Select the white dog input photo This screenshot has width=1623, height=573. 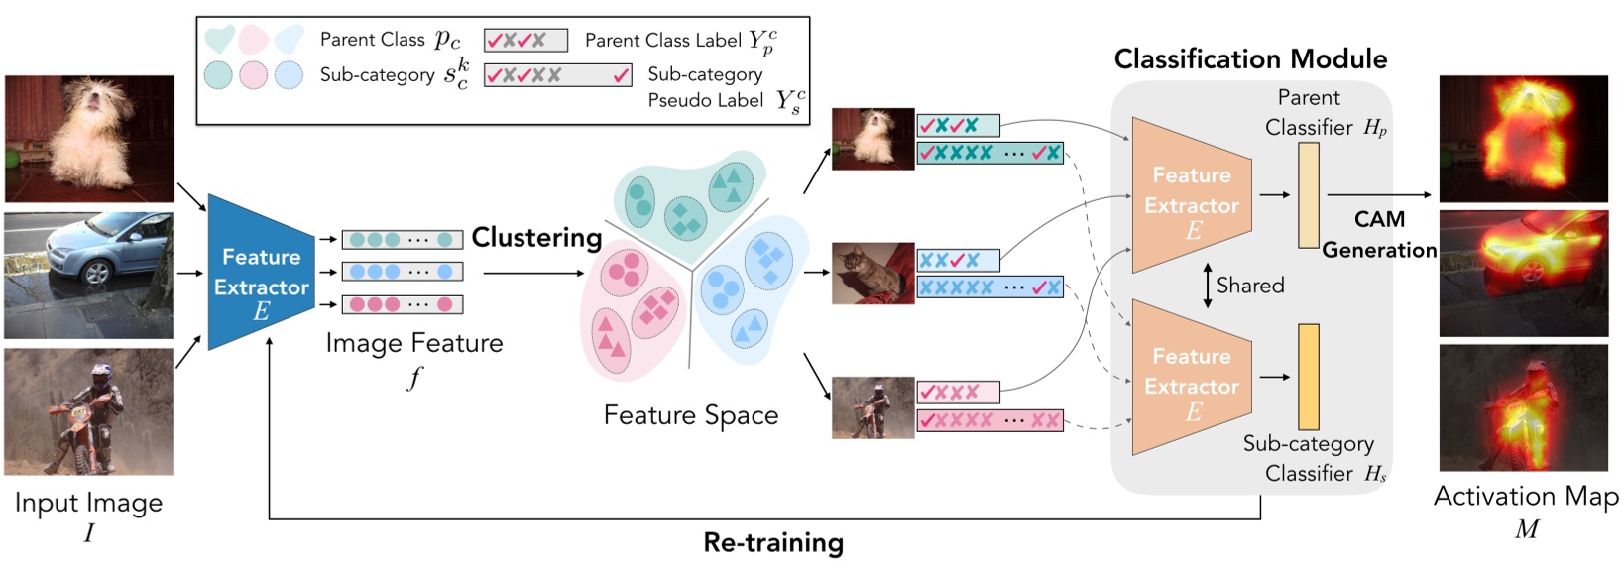coord(89,139)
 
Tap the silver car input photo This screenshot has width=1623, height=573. coord(88,275)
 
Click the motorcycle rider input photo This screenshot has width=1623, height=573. coord(88,411)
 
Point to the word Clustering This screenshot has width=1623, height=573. coord(536,238)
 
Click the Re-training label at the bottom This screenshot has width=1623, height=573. coord(773,543)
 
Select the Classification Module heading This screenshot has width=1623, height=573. coord(1250,59)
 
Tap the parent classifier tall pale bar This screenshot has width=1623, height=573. coord(1308,195)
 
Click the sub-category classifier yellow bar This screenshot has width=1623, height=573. coord(1308,377)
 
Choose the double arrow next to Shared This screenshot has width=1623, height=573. coord(1207,286)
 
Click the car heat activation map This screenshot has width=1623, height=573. coord(1523,274)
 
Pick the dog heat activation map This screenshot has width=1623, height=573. coord(1523,139)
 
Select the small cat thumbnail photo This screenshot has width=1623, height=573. coord(872,273)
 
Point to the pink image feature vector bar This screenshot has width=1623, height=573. coord(403,304)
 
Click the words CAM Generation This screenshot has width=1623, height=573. coord(1379,234)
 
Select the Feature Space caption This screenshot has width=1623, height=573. coord(690,415)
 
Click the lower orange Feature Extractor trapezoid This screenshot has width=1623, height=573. coord(1191,377)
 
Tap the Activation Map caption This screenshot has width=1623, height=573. coord(1526,497)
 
